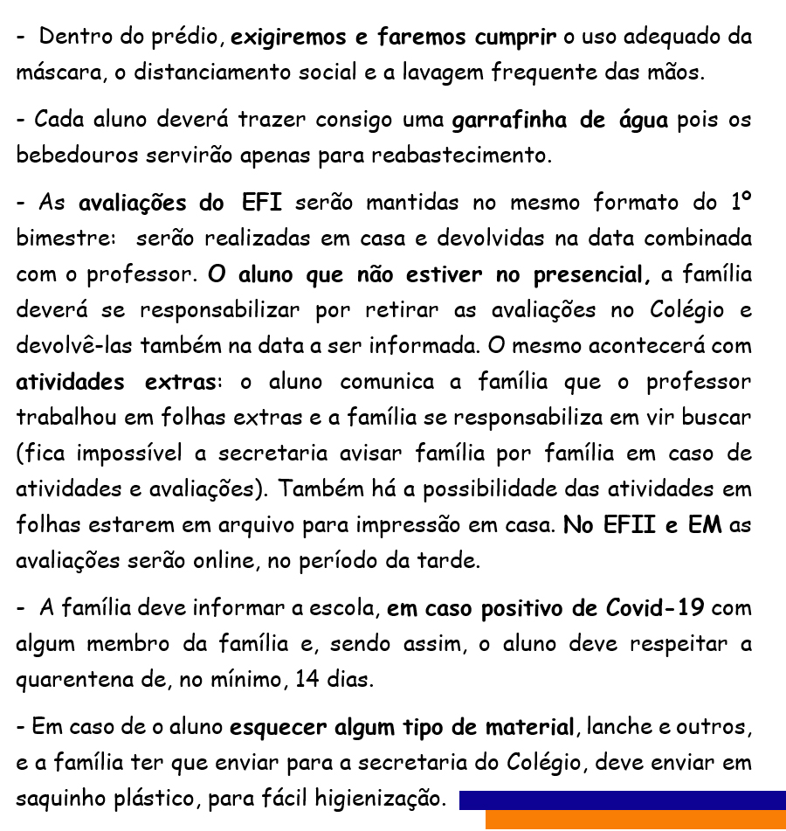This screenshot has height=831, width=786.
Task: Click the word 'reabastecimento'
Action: click(476, 156)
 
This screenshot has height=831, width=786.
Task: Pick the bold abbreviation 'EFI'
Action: click(260, 203)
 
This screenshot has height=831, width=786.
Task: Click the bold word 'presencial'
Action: click(586, 275)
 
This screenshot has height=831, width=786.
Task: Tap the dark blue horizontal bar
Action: click(622, 800)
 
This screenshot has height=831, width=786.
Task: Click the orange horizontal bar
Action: click(635, 821)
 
